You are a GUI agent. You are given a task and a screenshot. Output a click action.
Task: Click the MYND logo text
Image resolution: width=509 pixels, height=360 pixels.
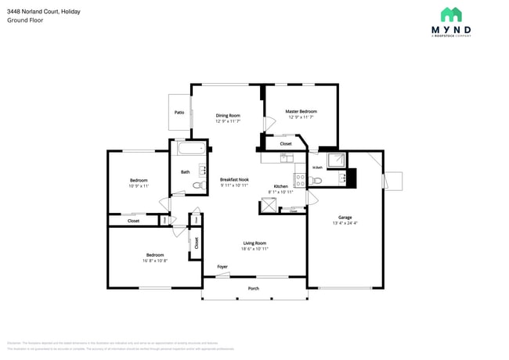tap(450, 30)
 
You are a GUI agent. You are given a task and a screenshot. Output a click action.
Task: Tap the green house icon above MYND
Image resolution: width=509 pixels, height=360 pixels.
tap(450, 14)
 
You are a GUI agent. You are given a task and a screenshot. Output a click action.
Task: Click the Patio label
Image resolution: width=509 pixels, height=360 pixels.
tap(179, 113)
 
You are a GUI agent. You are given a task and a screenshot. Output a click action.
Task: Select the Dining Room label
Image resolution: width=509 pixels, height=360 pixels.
tap(228, 116)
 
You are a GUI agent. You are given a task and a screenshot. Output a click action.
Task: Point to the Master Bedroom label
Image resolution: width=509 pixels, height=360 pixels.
tap(301, 111)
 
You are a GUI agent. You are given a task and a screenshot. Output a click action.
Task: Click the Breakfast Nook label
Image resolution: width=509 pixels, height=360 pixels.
tap(233, 179)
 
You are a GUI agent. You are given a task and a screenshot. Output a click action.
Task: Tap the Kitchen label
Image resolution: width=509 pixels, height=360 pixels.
tap(280, 185)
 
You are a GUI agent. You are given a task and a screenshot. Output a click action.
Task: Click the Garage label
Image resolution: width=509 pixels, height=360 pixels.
tap(345, 217)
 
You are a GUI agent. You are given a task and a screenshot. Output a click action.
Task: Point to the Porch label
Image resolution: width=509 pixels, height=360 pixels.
tap(254, 288)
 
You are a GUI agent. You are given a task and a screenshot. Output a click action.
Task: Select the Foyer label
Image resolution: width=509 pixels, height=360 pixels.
tap(222, 267)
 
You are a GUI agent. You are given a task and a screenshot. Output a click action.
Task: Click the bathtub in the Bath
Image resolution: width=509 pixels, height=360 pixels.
tap(190, 148)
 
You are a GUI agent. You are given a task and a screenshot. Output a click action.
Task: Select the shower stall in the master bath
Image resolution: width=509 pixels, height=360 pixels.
tap(337, 160)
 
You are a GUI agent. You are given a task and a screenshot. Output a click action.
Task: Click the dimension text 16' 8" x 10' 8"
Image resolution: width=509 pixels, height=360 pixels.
tap(155, 260)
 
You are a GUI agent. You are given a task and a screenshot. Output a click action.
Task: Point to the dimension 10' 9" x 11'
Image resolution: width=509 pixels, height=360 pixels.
tap(139, 186)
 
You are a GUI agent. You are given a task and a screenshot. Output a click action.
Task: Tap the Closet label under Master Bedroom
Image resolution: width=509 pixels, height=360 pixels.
tap(286, 144)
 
